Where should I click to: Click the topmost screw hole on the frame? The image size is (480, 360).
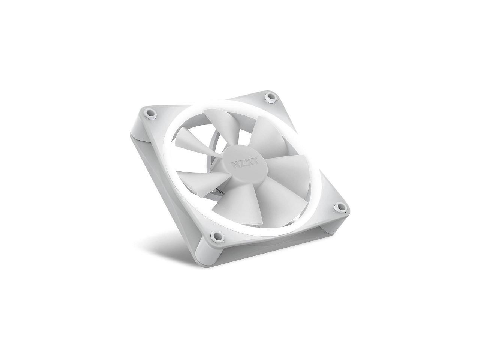click(270, 97)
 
